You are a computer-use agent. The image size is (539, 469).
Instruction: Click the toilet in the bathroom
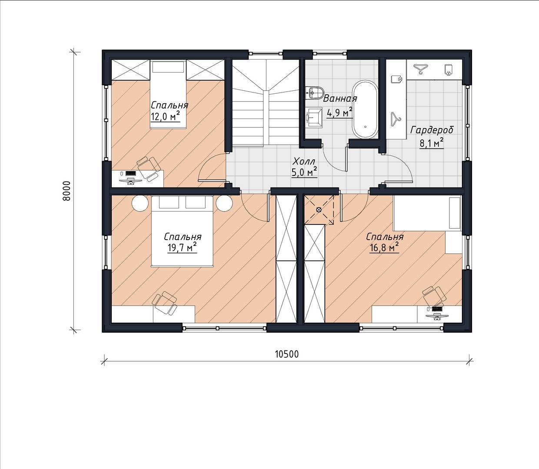click(x=315, y=92)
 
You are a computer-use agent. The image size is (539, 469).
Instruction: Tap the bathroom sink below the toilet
click(x=315, y=118)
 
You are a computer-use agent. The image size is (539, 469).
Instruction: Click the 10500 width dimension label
click(x=287, y=354)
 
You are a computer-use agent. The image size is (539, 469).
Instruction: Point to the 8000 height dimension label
click(x=67, y=191)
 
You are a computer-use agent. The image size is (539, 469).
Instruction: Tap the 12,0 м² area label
click(x=166, y=116)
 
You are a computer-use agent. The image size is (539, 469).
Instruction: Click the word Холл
click(x=304, y=161)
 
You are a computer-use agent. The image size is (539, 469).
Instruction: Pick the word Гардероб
click(x=432, y=130)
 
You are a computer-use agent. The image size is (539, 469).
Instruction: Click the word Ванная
click(x=340, y=99)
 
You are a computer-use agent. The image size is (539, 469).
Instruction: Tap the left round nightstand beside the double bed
click(x=140, y=203)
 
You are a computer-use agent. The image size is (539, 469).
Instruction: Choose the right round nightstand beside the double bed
click(x=224, y=203)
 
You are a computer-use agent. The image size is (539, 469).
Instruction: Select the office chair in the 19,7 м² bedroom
click(x=166, y=303)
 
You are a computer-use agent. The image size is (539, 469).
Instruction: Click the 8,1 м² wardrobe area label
click(x=432, y=143)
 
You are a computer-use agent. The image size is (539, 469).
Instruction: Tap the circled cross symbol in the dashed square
click(x=319, y=209)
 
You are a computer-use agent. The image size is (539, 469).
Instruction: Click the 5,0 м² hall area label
click(x=304, y=172)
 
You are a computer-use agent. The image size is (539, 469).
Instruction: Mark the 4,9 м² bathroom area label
click(x=339, y=113)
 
